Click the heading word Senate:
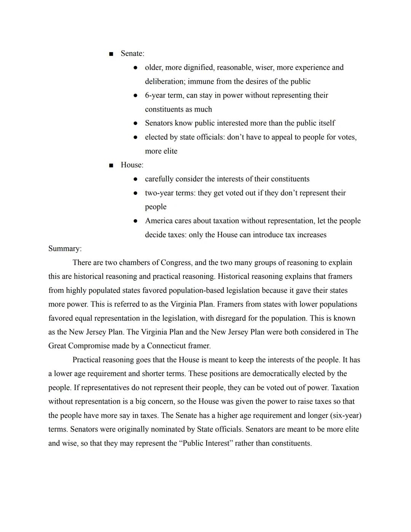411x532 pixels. click(132, 54)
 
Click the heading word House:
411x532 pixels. click(132, 165)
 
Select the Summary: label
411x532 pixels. click(65, 249)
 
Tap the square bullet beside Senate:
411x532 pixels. click(111, 54)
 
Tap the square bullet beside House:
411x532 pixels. click(111, 165)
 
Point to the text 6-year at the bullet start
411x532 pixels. click(155, 95)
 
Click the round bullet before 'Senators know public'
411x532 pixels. click(135, 123)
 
